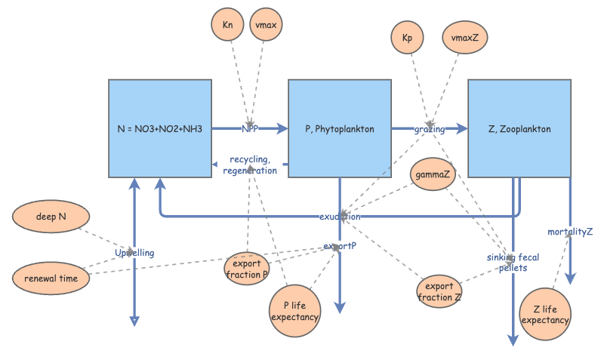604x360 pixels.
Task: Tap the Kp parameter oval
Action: (x=408, y=37)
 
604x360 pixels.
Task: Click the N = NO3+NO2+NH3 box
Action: (x=159, y=128)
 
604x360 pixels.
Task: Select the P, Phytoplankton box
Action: (x=339, y=128)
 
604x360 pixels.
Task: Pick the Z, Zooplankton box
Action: (x=519, y=128)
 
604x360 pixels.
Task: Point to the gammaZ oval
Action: (x=433, y=174)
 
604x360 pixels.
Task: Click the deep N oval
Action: (x=51, y=217)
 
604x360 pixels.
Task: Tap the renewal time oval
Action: (x=51, y=278)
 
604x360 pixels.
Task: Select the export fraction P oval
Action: (x=246, y=269)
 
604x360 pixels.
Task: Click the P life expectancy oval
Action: (x=295, y=310)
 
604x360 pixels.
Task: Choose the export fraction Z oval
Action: (x=439, y=292)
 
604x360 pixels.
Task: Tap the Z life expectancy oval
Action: (x=545, y=314)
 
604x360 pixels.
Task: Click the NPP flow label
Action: (x=251, y=129)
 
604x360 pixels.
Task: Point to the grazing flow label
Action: (x=429, y=129)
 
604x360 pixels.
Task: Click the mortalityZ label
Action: (x=570, y=232)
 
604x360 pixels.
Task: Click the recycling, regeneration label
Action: (x=250, y=165)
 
